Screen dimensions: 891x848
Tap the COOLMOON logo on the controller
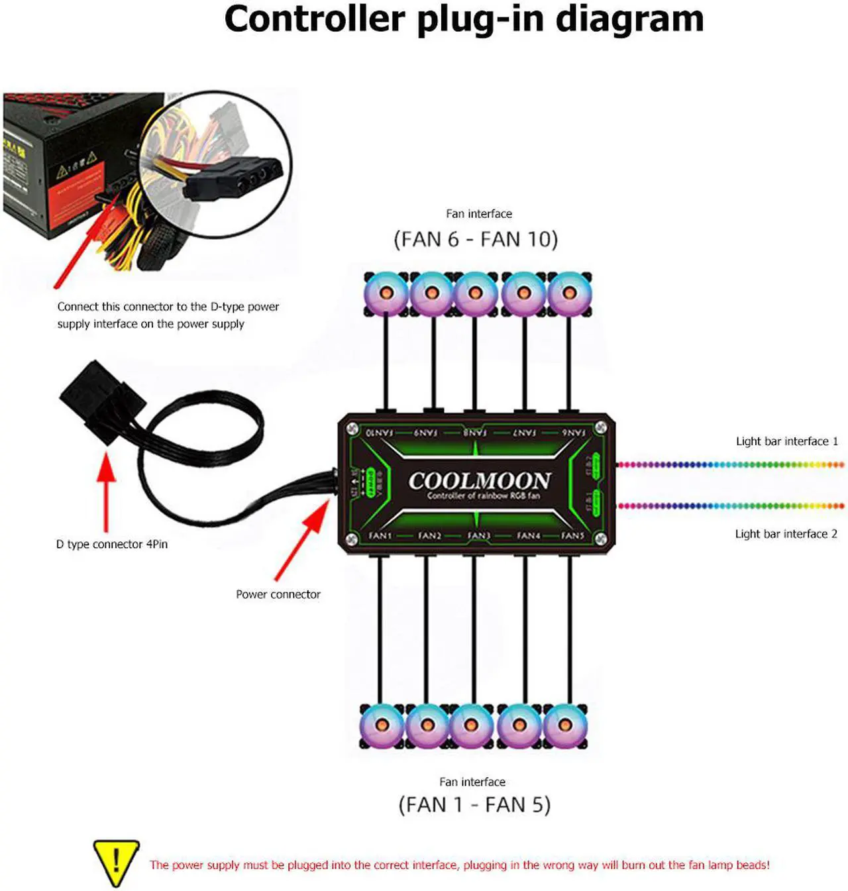pos(479,480)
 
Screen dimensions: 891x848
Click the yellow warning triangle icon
pos(116,863)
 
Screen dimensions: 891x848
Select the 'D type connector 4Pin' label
pos(112,544)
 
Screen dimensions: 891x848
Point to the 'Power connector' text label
pos(278,594)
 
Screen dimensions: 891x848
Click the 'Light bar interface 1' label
pos(786,441)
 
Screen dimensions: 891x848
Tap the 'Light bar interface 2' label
pos(786,534)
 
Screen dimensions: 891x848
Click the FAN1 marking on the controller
pos(380,535)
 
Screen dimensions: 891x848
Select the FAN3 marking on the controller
pos(478,535)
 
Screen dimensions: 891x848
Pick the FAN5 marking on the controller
pos(572,535)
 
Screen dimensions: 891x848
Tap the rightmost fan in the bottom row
pos(565,725)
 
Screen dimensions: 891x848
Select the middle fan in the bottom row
pos(471,725)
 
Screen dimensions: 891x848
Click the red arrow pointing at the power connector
pos(301,540)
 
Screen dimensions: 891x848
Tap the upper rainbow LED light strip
pos(729,464)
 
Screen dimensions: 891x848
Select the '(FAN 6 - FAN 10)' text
pos(476,239)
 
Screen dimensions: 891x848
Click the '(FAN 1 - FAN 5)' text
pos(474,805)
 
